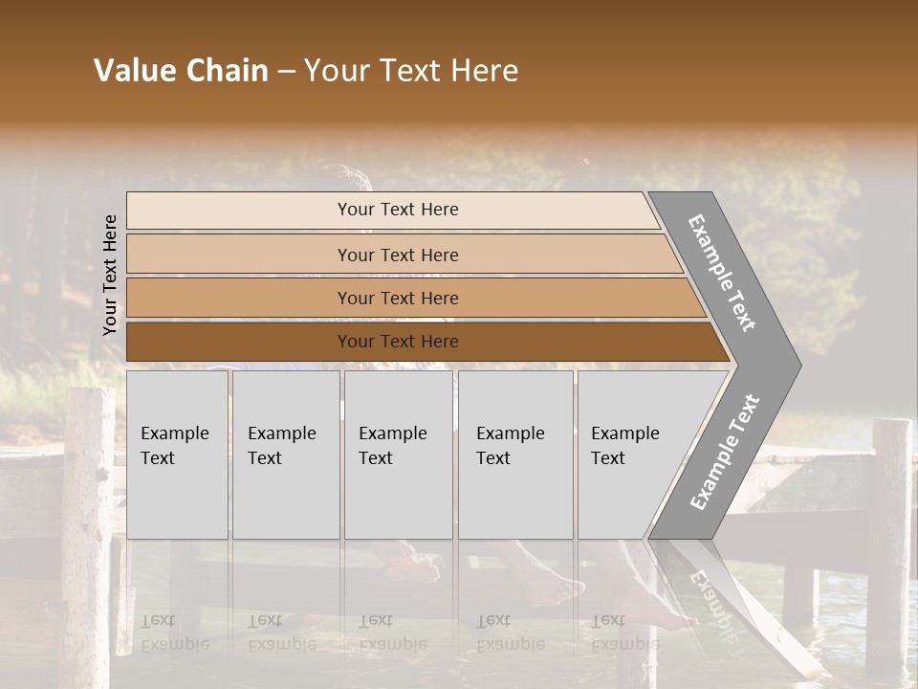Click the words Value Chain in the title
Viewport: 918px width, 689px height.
click(x=181, y=71)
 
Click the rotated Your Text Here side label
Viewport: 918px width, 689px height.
click(x=110, y=275)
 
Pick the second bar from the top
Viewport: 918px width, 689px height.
click(x=397, y=255)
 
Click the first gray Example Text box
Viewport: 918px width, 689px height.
click(x=177, y=455)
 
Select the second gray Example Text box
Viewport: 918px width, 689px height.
click(x=286, y=455)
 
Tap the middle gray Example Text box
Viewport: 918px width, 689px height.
click(x=398, y=455)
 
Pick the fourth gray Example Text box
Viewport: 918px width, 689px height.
click(x=515, y=455)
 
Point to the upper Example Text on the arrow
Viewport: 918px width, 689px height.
click(x=722, y=273)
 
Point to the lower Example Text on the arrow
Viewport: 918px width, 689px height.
click(x=725, y=452)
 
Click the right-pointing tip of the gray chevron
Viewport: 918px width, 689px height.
click(x=796, y=365)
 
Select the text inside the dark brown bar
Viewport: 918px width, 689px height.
click(x=398, y=342)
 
